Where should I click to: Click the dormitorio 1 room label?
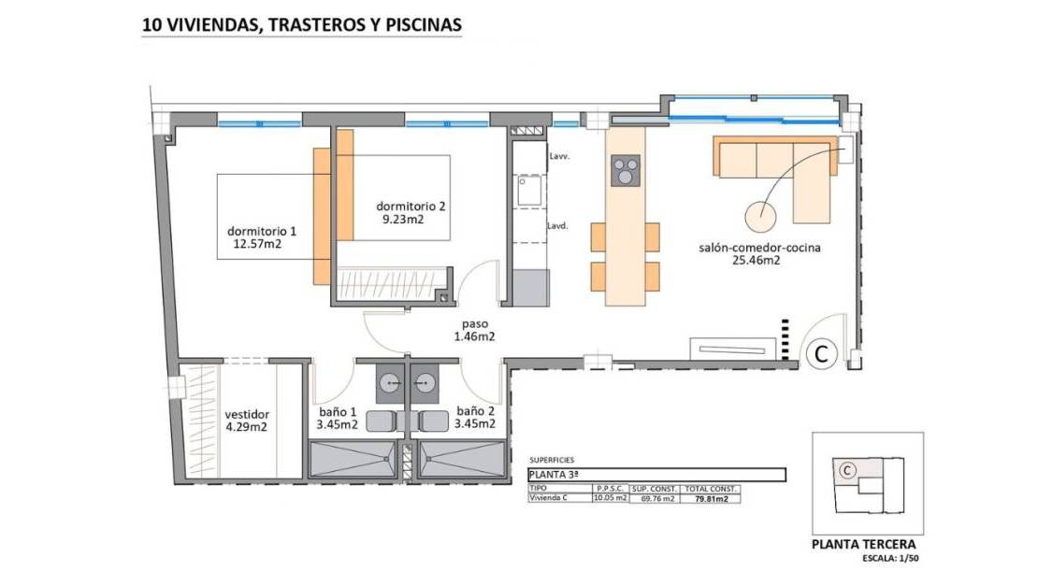click(262, 232)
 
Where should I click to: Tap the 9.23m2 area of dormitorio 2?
click(403, 219)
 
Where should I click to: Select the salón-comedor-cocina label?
click(759, 249)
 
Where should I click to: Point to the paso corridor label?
click(475, 324)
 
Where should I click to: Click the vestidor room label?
click(247, 415)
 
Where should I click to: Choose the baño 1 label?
click(338, 412)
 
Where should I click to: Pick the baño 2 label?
click(475, 412)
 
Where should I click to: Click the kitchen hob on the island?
click(626, 170)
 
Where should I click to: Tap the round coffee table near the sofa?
click(760, 216)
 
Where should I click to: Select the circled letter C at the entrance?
click(822, 354)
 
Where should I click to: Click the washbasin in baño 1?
click(389, 383)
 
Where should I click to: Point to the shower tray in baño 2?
click(461, 459)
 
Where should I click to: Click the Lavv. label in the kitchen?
click(559, 157)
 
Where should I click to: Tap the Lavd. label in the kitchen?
click(557, 226)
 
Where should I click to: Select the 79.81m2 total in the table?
click(711, 499)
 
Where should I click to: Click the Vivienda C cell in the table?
click(549, 498)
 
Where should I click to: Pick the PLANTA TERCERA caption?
click(864, 545)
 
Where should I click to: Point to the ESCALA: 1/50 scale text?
click(890, 559)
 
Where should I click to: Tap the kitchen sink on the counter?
click(529, 191)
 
